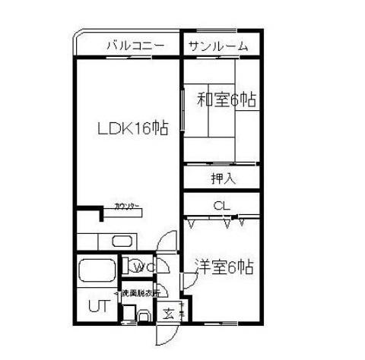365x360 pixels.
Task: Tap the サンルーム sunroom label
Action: [218, 46]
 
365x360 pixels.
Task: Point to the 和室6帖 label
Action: [227, 99]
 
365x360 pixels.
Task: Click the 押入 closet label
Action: [222, 178]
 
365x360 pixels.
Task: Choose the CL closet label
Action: [221, 205]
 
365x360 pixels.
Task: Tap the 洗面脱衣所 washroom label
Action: [137, 292]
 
